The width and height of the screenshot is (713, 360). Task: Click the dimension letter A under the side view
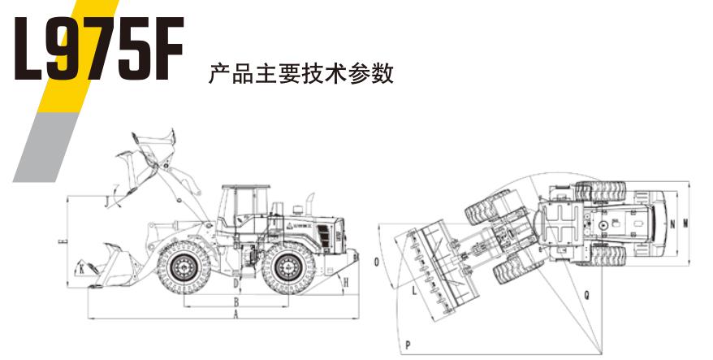(x=236, y=313)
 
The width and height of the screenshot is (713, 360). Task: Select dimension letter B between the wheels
(x=236, y=301)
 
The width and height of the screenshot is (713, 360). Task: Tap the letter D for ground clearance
(x=236, y=284)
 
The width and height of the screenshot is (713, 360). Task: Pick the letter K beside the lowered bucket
(x=81, y=267)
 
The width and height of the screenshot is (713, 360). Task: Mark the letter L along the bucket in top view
(x=414, y=288)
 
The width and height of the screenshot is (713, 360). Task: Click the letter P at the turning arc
(x=408, y=345)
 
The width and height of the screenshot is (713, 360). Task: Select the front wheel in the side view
(x=187, y=269)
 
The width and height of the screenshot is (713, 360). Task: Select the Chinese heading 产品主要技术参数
(x=301, y=75)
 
